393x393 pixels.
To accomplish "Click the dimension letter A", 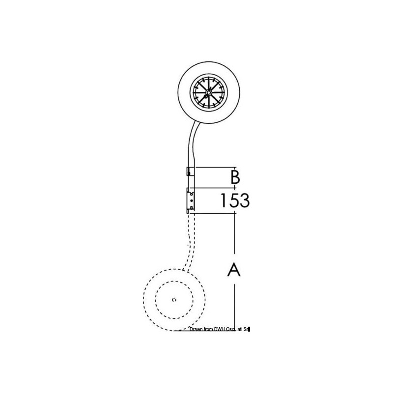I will pos(234,270).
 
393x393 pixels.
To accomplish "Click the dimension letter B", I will pos(235,176).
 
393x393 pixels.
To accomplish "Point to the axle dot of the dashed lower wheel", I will pos(175,299).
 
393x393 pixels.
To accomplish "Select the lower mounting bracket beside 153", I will pos(190,200).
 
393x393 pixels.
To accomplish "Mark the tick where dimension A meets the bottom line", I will pos(234,330).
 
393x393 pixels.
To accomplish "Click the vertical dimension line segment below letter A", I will pos(234,305).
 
